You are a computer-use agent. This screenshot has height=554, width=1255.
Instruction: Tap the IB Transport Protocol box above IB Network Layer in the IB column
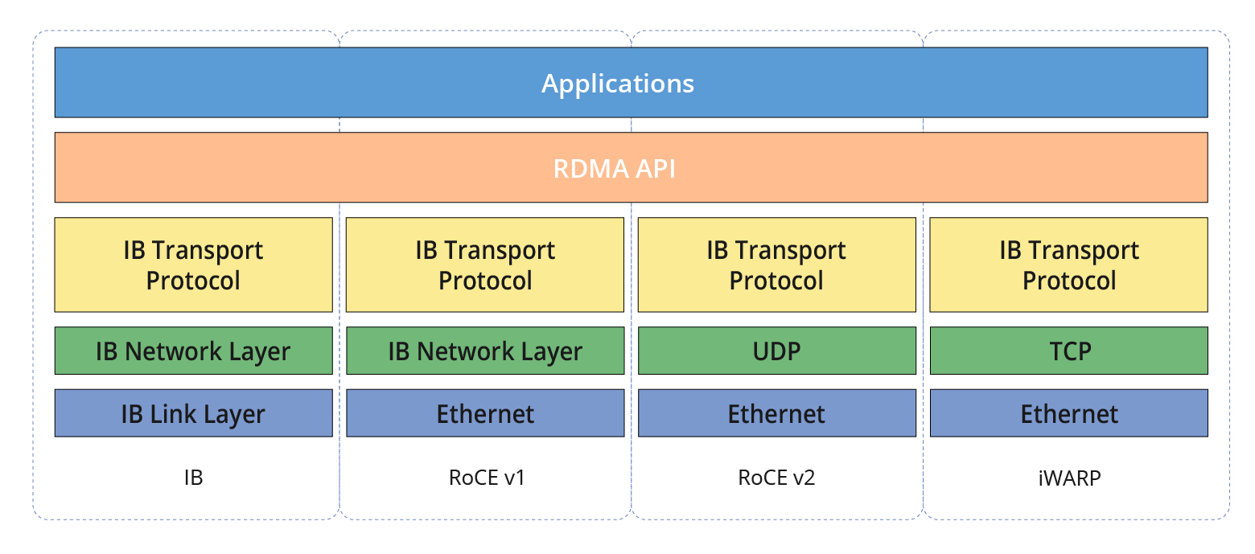tap(193, 265)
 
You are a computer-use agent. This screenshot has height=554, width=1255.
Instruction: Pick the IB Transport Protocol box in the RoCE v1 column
tap(485, 265)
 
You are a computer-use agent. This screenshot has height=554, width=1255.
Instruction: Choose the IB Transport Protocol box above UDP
tap(776, 265)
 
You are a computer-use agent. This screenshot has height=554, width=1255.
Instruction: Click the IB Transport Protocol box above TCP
tap(1068, 265)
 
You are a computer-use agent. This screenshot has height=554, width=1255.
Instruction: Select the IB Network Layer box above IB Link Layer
tap(193, 351)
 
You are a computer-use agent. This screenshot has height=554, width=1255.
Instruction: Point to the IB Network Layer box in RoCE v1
tap(485, 351)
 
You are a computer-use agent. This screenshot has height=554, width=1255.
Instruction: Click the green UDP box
tap(776, 351)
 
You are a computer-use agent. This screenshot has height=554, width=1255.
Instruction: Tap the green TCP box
tap(1068, 351)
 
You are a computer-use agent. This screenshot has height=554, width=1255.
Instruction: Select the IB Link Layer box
tap(193, 413)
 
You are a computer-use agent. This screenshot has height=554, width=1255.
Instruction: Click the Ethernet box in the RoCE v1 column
tap(485, 413)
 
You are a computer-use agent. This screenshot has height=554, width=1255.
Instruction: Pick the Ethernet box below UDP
tap(776, 413)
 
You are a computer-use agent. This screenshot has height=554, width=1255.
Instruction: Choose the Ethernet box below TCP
tap(1068, 413)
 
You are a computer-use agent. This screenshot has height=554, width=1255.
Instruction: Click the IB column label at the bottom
tap(193, 478)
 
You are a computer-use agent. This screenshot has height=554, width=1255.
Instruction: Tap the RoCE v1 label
tap(487, 478)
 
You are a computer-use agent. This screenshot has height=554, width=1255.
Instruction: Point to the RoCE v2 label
tap(776, 478)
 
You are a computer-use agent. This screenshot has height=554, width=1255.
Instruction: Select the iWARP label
tap(1069, 478)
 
